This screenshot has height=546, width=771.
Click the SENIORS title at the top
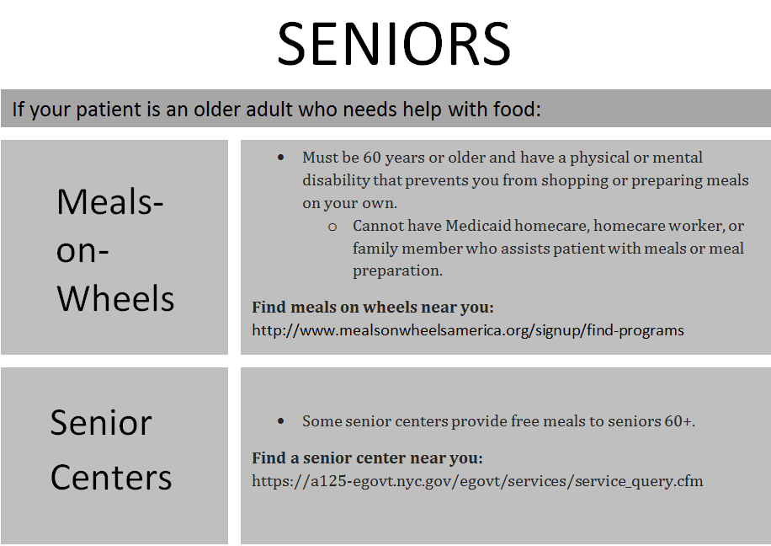[393, 44]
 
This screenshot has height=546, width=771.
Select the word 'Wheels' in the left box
[115, 298]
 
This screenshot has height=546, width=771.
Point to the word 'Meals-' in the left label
[110, 202]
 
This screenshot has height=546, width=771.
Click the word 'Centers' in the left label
[111, 477]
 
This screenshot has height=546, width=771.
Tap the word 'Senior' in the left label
[101, 422]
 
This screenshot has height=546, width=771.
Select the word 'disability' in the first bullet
[337, 180]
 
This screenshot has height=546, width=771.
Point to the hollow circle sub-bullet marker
[332, 227]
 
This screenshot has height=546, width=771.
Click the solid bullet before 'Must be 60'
[281, 158]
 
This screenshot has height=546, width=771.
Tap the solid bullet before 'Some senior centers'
[281, 420]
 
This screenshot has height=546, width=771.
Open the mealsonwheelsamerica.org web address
[467, 330]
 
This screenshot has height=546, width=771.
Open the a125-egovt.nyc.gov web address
[477, 482]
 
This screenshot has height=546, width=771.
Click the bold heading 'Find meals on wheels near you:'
[373, 308]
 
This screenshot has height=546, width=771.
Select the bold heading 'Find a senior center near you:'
[367, 459]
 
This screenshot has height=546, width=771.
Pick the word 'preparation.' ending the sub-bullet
[397, 271]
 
